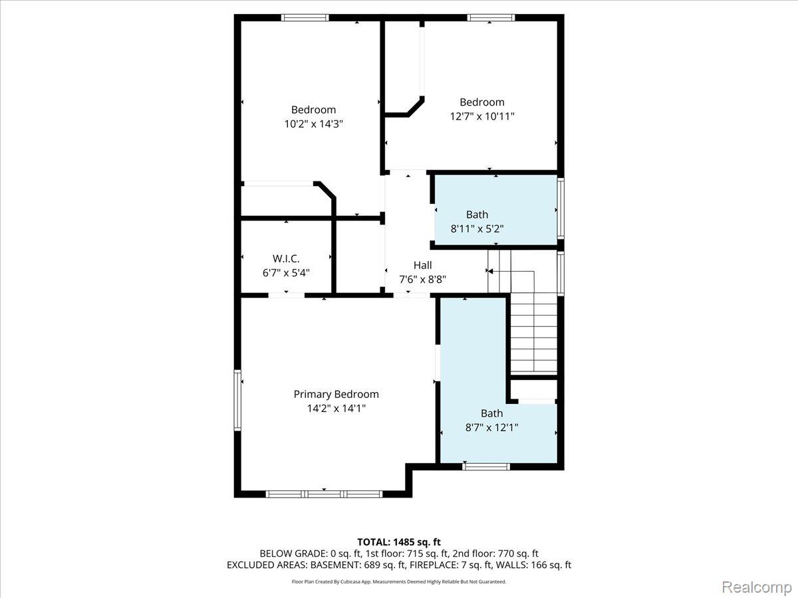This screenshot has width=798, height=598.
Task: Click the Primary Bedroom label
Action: pos(336,394)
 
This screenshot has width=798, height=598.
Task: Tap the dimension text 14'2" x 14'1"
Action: pos(336,409)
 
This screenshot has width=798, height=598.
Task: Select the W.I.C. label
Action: pos(286,258)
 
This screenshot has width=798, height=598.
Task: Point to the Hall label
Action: pos(422,265)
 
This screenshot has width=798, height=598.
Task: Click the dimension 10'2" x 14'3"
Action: pos(313,124)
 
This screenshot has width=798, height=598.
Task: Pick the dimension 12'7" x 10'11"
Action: pos(482,116)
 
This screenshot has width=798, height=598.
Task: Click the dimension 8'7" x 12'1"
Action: pos(491,427)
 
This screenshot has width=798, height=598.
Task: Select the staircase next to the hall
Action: pos(523,312)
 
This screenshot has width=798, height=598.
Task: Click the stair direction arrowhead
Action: pos(489,271)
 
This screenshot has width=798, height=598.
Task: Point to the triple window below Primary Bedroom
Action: pos(324,494)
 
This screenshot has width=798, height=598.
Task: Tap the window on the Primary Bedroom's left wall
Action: pos(237,400)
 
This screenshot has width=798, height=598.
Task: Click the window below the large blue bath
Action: pos(486,466)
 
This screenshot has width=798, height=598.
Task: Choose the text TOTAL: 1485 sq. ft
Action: pos(399,542)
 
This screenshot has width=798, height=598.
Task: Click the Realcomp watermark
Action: pos(757,587)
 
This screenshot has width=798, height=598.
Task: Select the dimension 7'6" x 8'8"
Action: pos(422,280)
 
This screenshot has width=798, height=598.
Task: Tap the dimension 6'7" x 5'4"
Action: pos(286,272)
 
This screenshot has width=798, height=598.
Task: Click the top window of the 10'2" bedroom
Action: pos(305,18)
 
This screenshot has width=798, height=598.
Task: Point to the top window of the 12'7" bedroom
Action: pos(491,18)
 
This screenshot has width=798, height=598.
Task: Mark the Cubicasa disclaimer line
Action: pos(399,581)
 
